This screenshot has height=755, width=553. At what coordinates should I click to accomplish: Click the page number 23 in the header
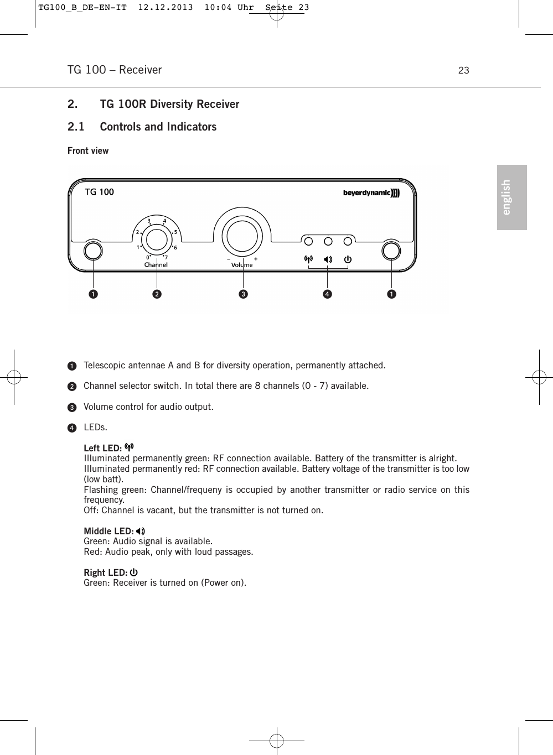pos(463,70)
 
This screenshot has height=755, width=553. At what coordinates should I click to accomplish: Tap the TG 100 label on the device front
pos(99,192)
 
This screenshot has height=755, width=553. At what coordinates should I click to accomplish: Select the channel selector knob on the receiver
pos(157,239)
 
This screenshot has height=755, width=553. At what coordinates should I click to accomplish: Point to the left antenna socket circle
pos(93,251)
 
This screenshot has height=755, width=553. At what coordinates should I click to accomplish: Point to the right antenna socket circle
pos(391,251)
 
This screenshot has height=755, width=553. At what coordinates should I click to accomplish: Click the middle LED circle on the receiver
pos(328,241)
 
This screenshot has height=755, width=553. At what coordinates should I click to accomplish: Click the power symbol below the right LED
pos(348,259)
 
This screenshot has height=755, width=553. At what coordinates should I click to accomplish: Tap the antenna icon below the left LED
pos(308,259)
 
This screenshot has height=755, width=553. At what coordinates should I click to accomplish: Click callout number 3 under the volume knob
pos(242,294)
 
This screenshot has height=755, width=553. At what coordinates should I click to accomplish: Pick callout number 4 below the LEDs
pos(328,294)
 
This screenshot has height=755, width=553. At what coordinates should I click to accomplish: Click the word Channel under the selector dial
pos(156,265)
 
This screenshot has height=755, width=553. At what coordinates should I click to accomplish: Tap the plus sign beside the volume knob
pos(256,259)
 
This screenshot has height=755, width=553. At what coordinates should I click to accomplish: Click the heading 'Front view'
pos(88,150)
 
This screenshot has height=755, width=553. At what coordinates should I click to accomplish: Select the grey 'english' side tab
pos(511,197)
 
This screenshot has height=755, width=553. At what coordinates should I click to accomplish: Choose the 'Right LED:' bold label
pos(106,572)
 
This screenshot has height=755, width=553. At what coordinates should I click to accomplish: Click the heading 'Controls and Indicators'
pos(158,127)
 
